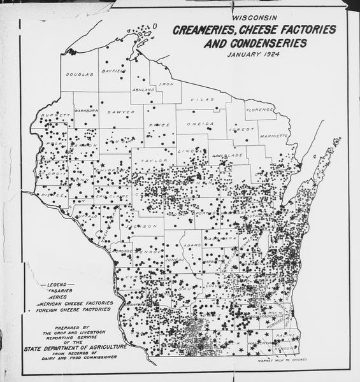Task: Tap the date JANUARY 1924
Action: (254, 55)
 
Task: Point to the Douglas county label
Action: (80, 74)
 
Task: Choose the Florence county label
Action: (261, 110)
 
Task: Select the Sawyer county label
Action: (121, 111)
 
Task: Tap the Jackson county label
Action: (145, 226)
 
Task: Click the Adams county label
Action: (192, 244)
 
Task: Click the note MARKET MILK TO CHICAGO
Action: (282, 360)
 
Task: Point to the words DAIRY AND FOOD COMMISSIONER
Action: (82, 358)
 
